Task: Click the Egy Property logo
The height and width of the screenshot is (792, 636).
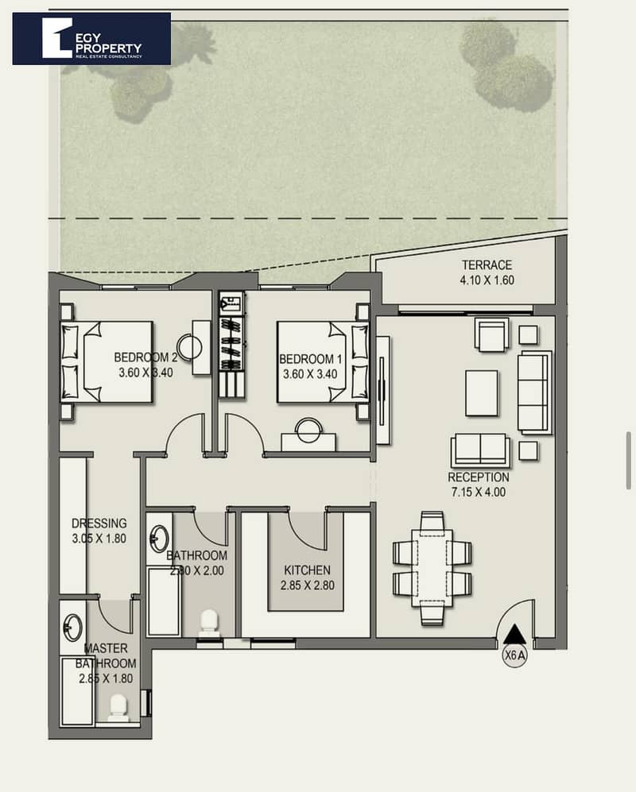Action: [91, 39]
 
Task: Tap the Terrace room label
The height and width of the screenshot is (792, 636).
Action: [487, 265]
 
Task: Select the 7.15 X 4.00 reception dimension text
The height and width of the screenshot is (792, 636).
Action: [479, 492]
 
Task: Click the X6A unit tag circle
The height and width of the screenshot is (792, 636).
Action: [514, 655]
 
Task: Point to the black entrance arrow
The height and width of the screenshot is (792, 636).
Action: [514, 633]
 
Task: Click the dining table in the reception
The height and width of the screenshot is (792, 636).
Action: [432, 568]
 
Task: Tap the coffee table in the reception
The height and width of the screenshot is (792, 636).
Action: [482, 393]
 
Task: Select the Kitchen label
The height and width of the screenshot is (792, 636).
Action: [307, 570]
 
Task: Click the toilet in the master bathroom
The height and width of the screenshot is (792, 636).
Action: [118, 708]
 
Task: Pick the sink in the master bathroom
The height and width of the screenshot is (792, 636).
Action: [73, 628]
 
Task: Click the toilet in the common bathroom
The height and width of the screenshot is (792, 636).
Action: [209, 624]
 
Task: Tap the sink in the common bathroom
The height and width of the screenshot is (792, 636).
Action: [159, 539]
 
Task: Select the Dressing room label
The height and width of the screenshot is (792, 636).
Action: [99, 523]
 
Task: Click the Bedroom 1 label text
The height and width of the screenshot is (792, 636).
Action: [310, 359]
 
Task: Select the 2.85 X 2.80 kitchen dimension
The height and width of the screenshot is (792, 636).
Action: [308, 585]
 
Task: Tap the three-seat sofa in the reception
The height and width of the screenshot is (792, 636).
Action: [534, 392]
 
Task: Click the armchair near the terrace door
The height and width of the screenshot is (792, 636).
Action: [492, 334]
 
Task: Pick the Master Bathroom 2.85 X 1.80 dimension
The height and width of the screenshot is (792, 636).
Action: [106, 678]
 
